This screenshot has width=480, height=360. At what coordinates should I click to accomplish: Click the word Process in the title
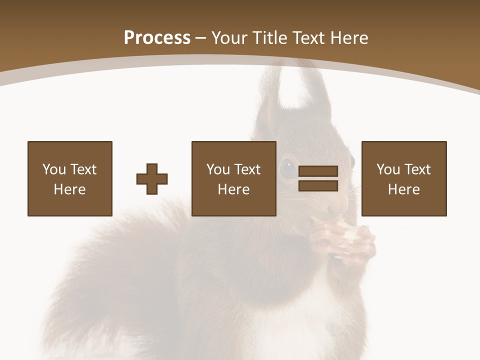(157, 38)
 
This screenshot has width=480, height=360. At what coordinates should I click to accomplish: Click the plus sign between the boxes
(152, 179)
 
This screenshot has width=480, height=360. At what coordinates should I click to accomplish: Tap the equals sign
(318, 178)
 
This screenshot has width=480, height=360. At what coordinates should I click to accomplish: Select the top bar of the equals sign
(318, 171)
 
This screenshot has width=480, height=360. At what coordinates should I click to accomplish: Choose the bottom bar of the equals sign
(318, 185)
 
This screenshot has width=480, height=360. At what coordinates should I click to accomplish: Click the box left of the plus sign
(69, 178)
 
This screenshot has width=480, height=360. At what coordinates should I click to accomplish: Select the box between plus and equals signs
(233, 178)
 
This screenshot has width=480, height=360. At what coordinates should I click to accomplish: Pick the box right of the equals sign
(403, 178)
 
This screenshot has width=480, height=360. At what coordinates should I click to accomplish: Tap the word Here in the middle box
(233, 189)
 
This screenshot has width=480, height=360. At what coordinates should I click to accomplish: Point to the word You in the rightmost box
(388, 169)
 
